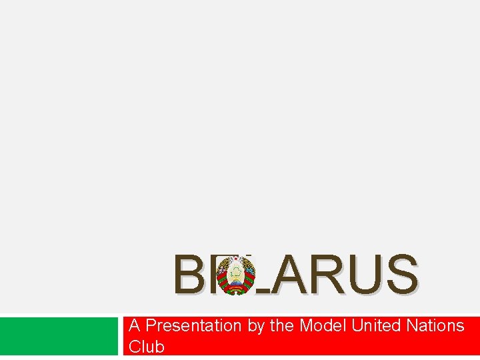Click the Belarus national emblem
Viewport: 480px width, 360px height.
235,274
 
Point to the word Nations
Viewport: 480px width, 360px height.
437,326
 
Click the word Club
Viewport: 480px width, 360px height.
146,347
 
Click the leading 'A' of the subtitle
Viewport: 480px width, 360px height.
134,326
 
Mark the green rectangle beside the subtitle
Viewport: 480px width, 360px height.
59,336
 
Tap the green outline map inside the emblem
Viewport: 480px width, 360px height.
235,271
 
